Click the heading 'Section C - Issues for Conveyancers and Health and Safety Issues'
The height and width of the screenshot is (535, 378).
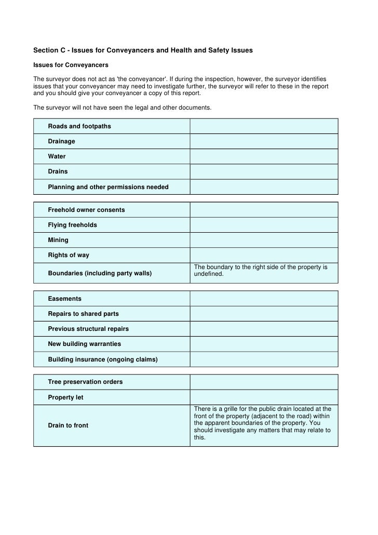143,50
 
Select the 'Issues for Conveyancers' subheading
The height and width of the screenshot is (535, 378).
71,65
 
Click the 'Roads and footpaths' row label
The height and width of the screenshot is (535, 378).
79,126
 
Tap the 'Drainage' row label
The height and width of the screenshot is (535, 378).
62,141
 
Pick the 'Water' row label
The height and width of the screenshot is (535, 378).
57,156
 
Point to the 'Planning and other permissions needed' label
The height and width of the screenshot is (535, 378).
108,186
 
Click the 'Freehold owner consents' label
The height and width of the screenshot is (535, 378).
86,210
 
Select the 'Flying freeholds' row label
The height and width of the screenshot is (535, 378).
73,225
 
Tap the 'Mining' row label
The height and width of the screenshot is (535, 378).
58,240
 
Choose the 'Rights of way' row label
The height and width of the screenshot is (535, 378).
69,255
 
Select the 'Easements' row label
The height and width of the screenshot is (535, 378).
65,299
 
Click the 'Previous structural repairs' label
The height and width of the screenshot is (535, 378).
88,329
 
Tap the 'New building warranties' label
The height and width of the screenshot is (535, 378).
84,344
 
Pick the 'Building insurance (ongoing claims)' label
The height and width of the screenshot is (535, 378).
103,359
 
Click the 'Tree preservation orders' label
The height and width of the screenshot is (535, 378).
85,382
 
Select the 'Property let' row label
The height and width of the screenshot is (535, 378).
66,397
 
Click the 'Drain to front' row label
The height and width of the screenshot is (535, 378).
68,425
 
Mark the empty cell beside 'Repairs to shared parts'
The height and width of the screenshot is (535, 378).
264,314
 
